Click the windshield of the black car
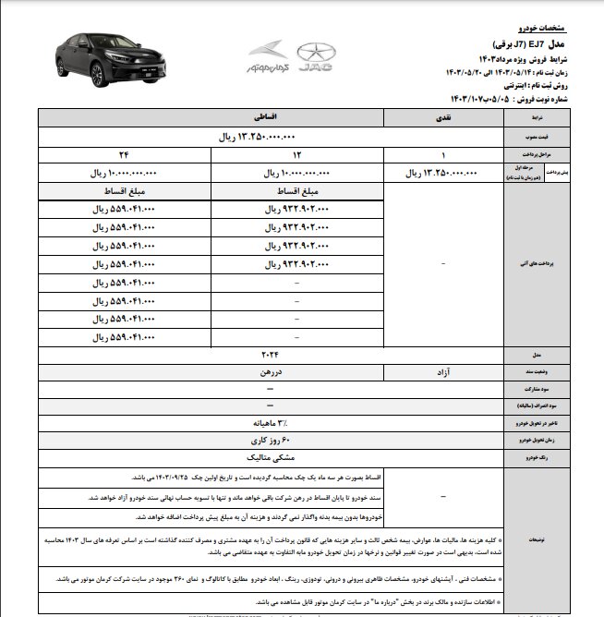(x=96, y=43)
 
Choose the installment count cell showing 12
(x=272, y=153)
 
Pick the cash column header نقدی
(x=444, y=118)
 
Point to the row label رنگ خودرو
(x=543, y=456)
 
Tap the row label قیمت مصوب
(x=543, y=136)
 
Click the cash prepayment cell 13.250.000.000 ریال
(x=444, y=172)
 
